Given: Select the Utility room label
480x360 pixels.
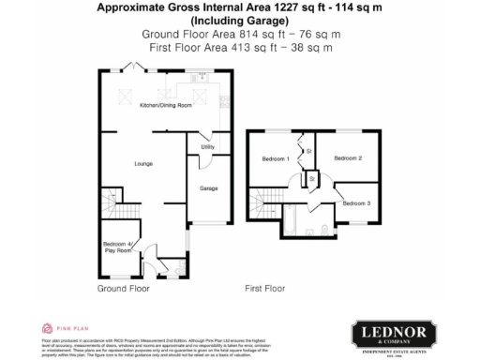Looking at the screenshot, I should click(208, 147).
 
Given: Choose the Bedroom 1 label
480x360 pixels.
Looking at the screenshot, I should click(275, 158).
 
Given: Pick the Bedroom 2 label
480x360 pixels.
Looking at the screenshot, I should click(348, 158).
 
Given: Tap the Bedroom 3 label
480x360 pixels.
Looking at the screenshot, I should click(356, 203).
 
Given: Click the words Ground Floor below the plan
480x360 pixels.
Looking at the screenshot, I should click(124, 289).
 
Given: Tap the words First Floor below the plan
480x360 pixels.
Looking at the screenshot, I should click(264, 289).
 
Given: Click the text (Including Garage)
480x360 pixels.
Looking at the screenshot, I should click(241, 20).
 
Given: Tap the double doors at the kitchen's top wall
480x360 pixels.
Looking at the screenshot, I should click(139, 71).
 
